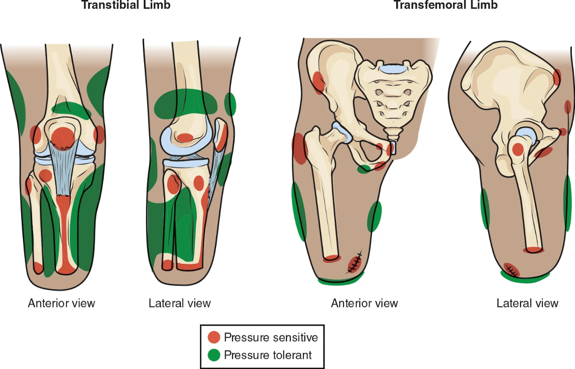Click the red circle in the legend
[214, 337]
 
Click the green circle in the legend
[214, 355]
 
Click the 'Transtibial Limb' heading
[126, 5]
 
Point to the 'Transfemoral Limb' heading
[446, 5]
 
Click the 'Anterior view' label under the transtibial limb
[61, 303]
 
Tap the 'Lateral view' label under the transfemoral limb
[527, 303]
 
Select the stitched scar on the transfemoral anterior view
[354, 263]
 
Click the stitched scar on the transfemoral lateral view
[511, 270]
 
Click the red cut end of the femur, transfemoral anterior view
[331, 258]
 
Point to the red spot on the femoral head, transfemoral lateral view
[518, 149]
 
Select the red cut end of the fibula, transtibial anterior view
[38, 268]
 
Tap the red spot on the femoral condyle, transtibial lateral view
[185, 138]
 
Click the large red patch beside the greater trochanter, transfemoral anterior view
[299, 149]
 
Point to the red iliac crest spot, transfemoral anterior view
[318, 83]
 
